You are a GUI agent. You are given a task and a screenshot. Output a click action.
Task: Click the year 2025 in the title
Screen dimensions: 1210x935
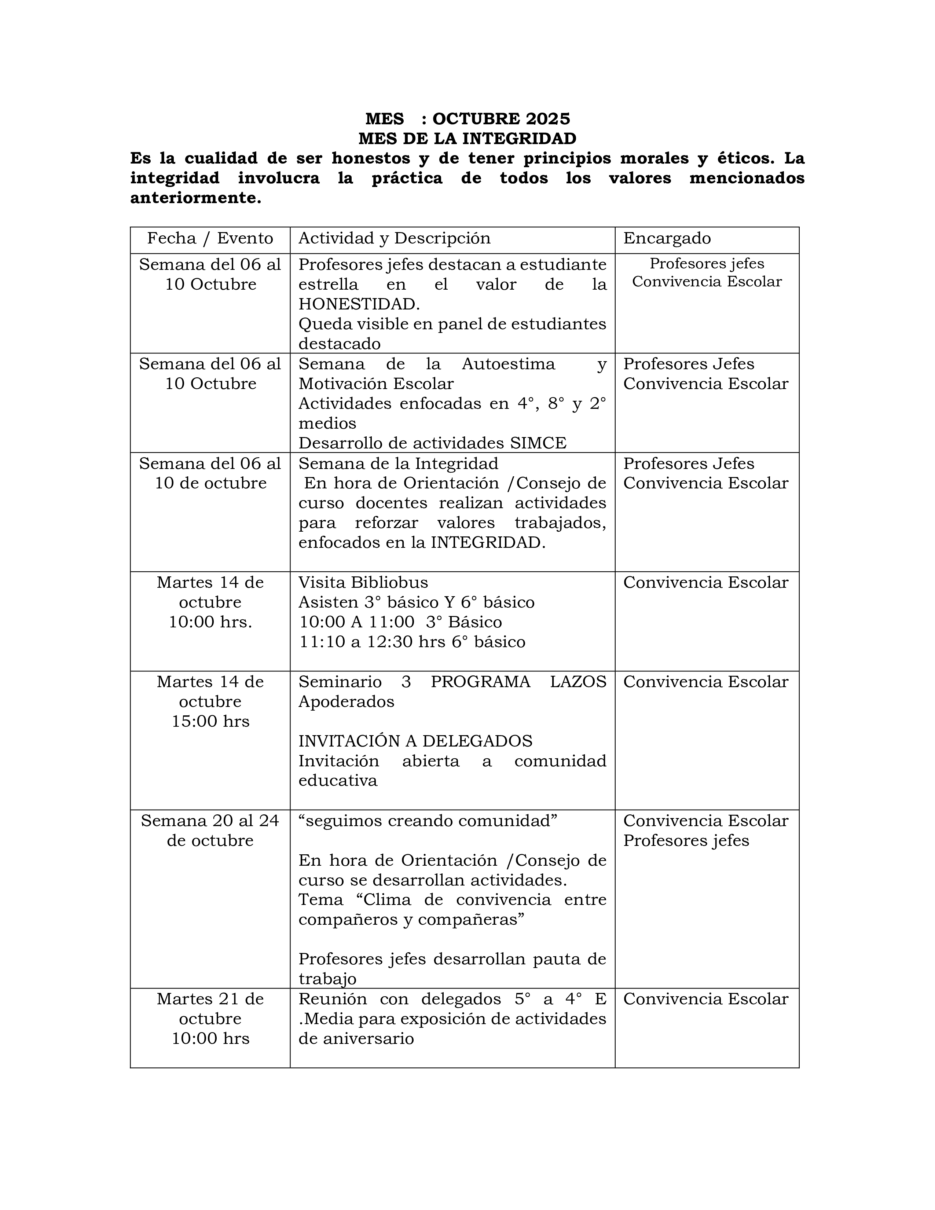pyautogui.click(x=547, y=118)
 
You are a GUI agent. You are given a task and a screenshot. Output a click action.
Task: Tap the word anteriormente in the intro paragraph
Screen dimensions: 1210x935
pyautogui.click(x=195, y=198)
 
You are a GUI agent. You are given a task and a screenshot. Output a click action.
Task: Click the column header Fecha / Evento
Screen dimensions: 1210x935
pyautogui.click(x=210, y=238)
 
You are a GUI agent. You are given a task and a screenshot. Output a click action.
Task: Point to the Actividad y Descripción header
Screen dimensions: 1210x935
pyautogui.click(x=395, y=238)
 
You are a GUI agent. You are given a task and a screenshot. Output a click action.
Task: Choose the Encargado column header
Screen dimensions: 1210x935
pyautogui.click(x=667, y=238)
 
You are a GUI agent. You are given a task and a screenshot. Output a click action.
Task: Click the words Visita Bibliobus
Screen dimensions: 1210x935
pyautogui.click(x=363, y=582)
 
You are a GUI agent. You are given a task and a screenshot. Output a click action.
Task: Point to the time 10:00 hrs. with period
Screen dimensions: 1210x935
pyautogui.click(x=210, y=622)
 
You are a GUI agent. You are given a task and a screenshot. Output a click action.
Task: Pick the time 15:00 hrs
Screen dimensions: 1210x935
pyautogui.click(x=210, y=721)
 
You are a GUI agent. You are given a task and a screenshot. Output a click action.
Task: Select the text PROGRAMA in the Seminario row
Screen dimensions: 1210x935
pyautogui.click(x=480, y=682)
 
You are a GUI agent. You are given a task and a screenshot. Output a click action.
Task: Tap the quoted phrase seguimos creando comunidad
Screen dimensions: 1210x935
pyautogui.click(x=428, y=821)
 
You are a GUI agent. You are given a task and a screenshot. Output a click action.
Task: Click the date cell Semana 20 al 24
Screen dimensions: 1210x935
pyautogui.click(x=210, y=821)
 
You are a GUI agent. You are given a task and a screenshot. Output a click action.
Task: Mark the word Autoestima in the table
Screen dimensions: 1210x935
pyautogui.click(x=508, y=364)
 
